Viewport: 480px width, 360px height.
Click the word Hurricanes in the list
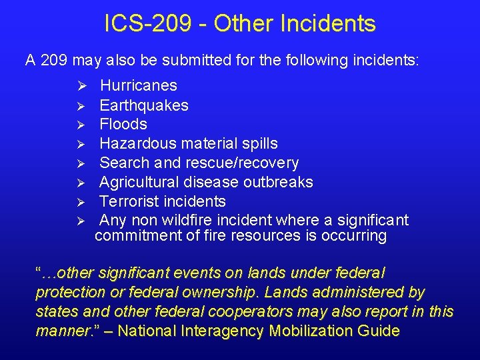139,85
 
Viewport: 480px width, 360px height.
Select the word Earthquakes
144,105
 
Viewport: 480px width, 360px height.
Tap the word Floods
123,124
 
